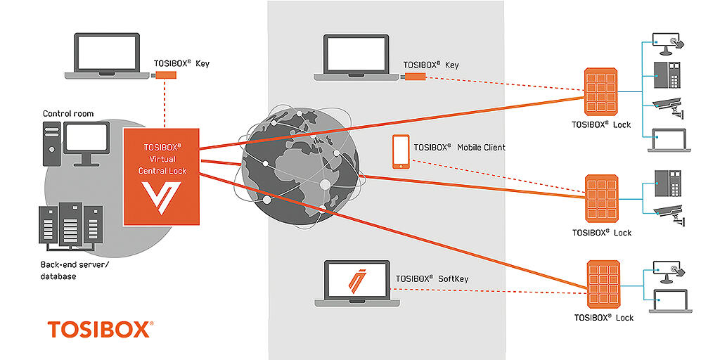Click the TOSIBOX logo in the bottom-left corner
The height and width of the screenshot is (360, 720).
click(99, 329)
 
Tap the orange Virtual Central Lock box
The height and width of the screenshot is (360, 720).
click(162, 177)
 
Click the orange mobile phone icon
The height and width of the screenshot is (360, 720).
click(401, 152)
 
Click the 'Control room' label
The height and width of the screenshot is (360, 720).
click(68, 114)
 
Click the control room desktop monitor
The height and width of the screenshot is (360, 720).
click(87, 141)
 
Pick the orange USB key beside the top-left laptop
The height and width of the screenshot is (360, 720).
click(165, 75)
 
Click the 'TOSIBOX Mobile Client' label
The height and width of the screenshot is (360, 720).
click(459, 148)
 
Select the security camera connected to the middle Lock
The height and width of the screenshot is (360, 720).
click(667, 212)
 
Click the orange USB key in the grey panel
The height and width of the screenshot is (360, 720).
click(413, 76)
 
